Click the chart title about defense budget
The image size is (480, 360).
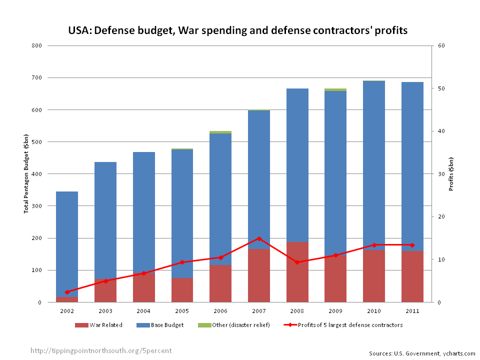[238, 30]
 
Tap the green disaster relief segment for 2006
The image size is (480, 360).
[220, 132]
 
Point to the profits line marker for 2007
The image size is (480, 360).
[259, 238]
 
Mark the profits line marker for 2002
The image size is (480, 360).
[67, 292]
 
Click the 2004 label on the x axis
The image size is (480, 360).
[143, 311]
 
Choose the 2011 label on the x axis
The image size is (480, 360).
[412, 311]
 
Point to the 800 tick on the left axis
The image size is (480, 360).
[37, 45]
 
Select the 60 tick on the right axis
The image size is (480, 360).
[441, 45]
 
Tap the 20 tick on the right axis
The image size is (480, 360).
[441, 216]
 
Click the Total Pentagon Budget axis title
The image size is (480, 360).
[26, 174]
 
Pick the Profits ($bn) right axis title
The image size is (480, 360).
[451, 174]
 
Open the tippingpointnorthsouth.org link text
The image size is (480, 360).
[101, 350]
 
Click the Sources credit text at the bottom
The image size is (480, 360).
[422, 353]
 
